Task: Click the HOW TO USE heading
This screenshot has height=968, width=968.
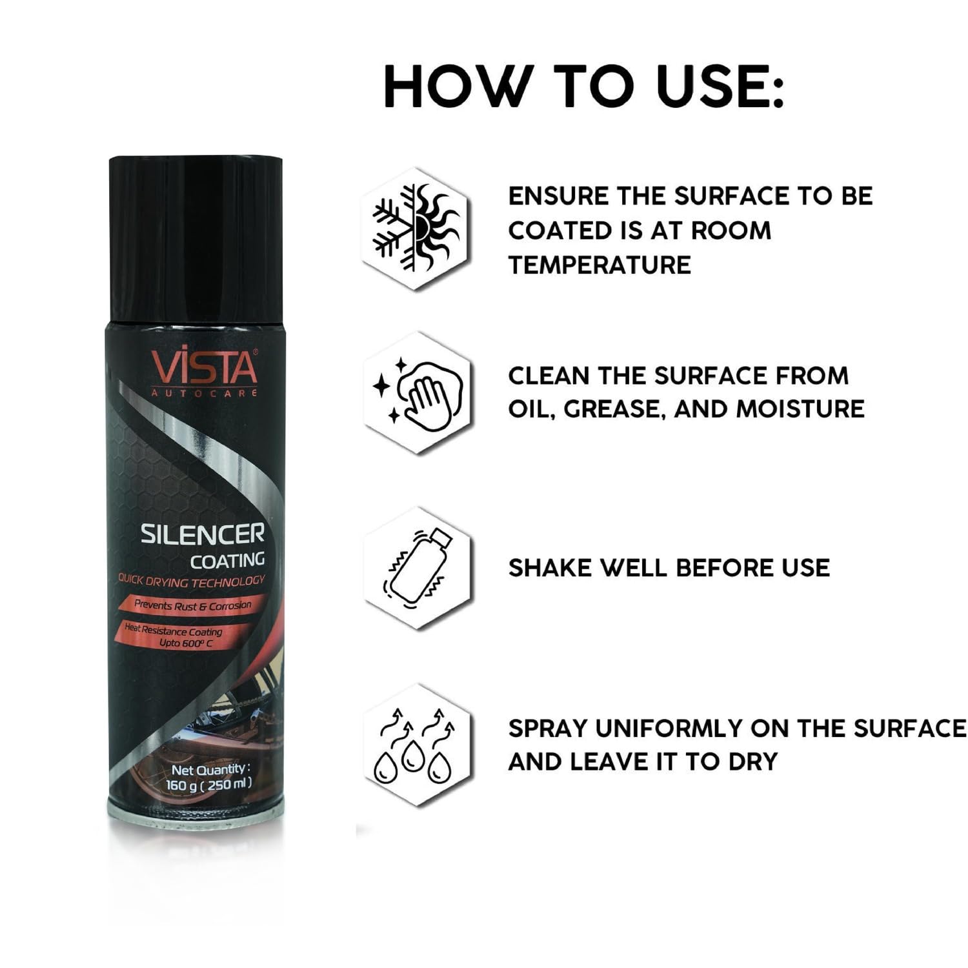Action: coord(584,86)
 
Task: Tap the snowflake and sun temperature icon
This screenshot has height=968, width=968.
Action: coord(417,228)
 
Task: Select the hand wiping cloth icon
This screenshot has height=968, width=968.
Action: coord(418,393)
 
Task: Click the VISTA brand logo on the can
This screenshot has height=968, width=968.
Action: coord(205,371)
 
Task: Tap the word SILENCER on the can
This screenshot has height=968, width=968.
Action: coord(203,534)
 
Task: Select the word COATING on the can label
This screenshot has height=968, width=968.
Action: coord(227,561)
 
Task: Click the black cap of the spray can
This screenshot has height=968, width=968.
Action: coord(196,239)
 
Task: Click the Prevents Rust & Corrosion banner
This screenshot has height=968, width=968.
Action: coord(192,605)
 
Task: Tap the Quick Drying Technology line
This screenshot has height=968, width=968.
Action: coord(191,581)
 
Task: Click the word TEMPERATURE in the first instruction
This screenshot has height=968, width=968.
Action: coord(600,265)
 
